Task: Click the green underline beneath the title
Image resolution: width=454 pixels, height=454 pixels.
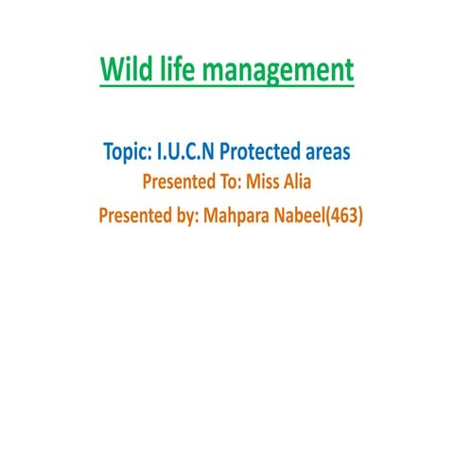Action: (x=227, y=87)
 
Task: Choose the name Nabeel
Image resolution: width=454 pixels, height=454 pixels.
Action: (x=308, y=215)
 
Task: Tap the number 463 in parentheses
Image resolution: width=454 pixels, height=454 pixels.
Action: (x=347, y=215)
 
